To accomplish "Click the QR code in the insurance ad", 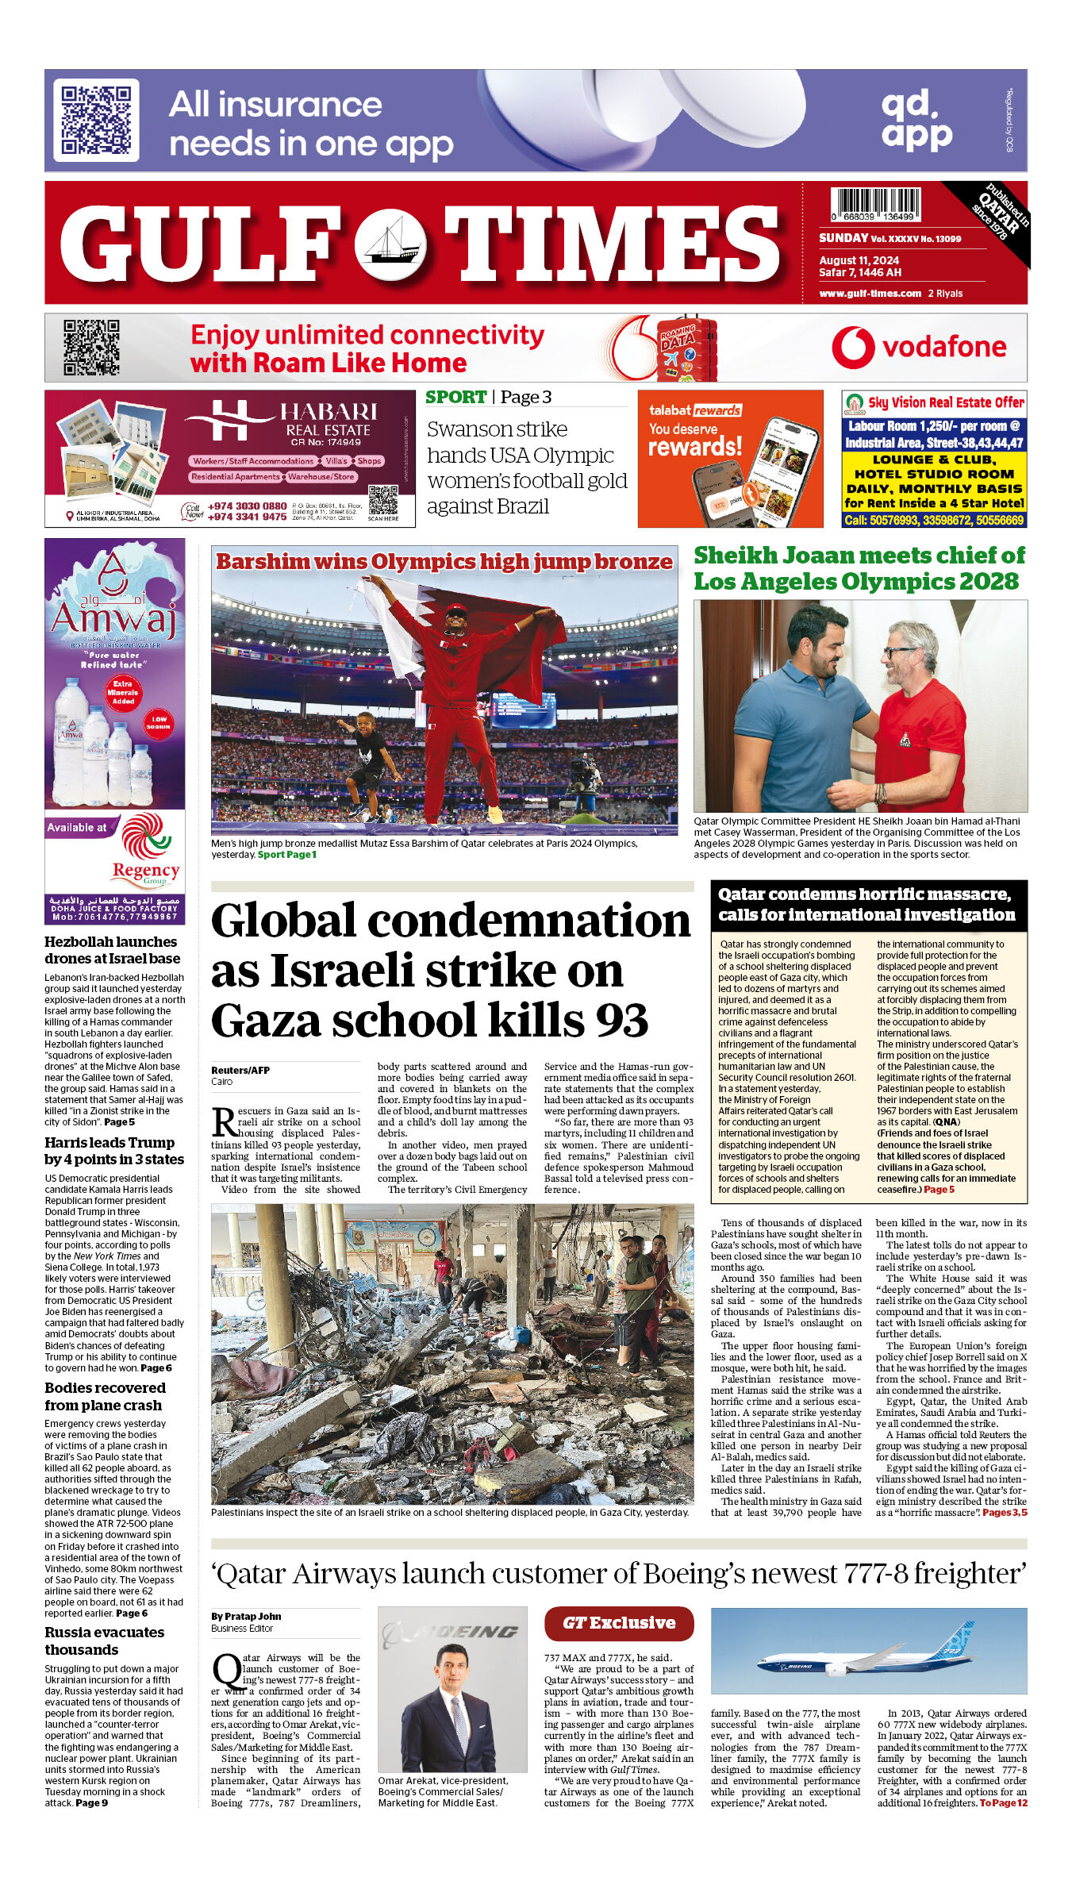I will pos(96,120).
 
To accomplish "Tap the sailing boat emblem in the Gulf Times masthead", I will pos(390,244).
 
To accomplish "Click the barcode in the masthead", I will pos(875,204).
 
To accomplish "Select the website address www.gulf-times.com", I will pos(870,294).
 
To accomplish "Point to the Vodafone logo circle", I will pos(853,348).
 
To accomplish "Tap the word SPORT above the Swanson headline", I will pos(455,397).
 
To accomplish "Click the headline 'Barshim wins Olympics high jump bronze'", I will pos(444,561).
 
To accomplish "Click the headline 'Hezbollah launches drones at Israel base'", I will pos(112,950).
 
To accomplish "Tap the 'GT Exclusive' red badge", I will pos(619,1623).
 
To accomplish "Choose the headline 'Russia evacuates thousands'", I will pos(104,1640).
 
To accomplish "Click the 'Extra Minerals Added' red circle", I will pos(123,692).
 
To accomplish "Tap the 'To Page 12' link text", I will pos(1003,1803).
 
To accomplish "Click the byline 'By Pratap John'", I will pos(246,1616).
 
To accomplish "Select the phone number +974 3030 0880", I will pos(247,506).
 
